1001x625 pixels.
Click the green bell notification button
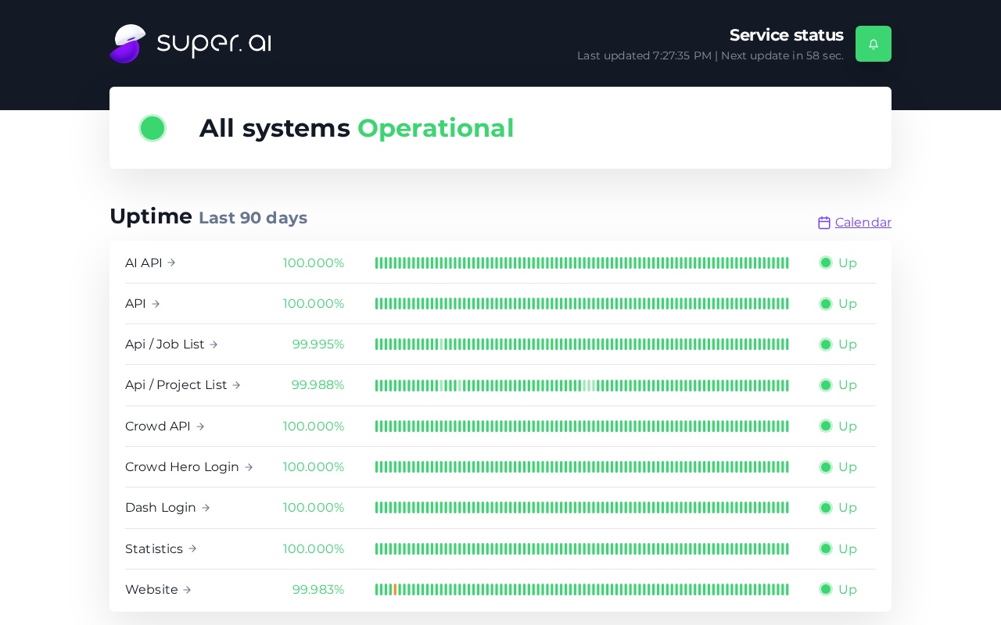[874, 44]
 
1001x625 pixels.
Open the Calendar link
[863, 223]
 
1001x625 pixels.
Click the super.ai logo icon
[127, 44]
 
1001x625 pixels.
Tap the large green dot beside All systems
[152, 128]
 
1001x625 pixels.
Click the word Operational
[436, 129]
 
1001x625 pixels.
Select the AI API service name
[143, 263]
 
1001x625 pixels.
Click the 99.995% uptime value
[318, 345]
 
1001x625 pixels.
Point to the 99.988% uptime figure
[318, 385]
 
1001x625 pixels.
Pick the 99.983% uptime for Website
[318, 589]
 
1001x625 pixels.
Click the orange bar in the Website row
[395, 589]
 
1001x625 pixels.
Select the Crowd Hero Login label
[182, 467]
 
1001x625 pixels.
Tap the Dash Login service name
[160, 508]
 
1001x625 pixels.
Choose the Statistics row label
[154, 548]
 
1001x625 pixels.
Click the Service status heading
[787, 35]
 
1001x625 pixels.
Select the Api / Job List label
[164, 345]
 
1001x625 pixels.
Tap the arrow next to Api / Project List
[236, 385]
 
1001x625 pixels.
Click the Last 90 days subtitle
[253, 218]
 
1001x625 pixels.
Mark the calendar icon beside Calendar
[824, 223]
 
